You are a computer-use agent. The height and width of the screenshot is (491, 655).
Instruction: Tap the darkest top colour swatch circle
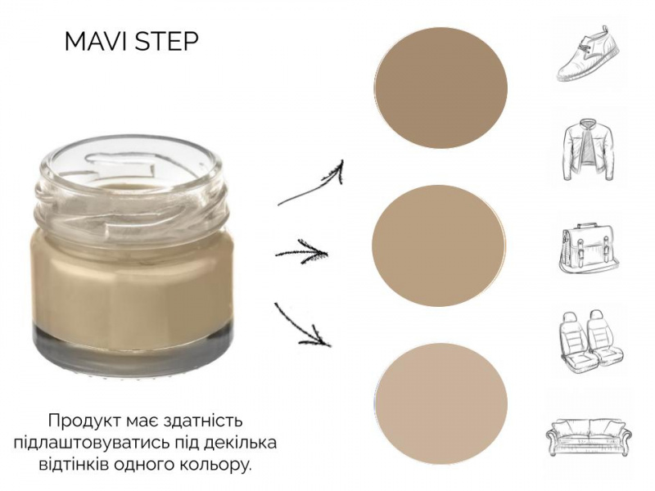pos(440,88)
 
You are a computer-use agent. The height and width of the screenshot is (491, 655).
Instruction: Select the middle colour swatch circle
pos(439,245)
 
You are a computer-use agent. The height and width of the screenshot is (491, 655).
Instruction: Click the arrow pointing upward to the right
pos(311,183)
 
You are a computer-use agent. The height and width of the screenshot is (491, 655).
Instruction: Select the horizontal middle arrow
pos(301,252)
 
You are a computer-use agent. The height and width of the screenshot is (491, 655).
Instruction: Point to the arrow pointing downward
pos(301,325)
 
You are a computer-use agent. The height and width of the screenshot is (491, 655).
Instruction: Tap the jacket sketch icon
pos(589,151)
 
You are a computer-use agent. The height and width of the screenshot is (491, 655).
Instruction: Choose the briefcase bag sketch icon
pos(589,250)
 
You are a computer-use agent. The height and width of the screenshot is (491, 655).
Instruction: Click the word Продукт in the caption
pos(84,421)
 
